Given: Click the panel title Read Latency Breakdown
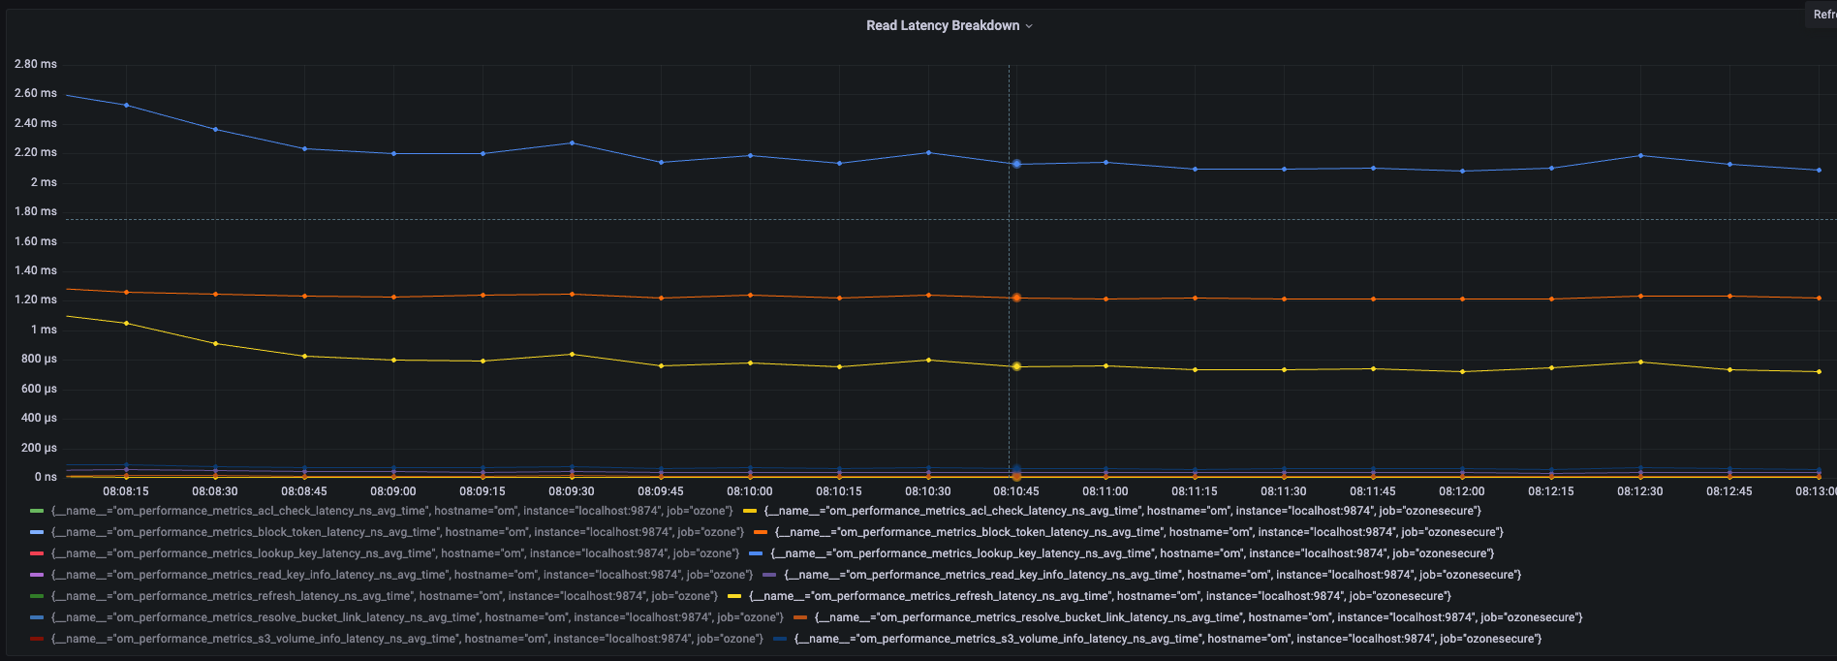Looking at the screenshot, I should (x=942, y=26).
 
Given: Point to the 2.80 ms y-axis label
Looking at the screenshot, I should (x=36, y=64).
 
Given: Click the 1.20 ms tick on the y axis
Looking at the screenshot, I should (x=36, y=299).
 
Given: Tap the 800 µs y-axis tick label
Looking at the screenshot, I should (x=38, y=359).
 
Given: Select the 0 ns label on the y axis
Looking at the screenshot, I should (x=46, y=477).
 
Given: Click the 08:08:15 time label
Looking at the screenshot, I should (x=126, y=491).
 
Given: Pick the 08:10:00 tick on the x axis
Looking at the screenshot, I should (x=750, y=491).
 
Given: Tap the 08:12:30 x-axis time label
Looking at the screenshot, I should (x=1640, y=491).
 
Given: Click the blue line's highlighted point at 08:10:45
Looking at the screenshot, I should (x=1016, y=164).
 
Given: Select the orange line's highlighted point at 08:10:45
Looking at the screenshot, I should (x=1016, y=298).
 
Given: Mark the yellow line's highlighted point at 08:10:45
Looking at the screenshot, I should (x=1016, y=366).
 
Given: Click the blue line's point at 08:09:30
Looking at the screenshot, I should (x=572, y=143).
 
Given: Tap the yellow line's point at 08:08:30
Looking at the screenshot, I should (x=215, y=344).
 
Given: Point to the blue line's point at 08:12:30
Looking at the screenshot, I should (x=1640, y=156).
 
